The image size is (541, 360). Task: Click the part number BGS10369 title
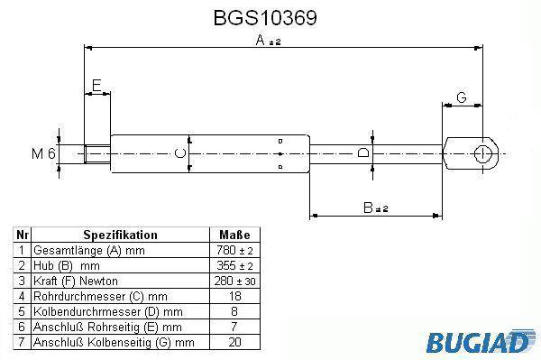pyautogui.click(x=265, y=18)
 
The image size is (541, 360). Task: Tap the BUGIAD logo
pyautogui.click(x=481, y=342)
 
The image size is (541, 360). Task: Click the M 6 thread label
pyautogui.click(x=43, y=153)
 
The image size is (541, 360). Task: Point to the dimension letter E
pyautogui.click(x=96, y=85)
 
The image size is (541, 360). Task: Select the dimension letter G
pyautogui.click(x=462, y=97)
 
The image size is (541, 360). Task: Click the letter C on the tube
pyautogui.click(x=180, y=153)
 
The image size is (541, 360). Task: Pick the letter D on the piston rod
pyautogui.click(x=363, y=152)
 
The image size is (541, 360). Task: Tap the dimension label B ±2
pyautogui.click(x=376, y=208)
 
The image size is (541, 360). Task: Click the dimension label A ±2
pyautogui.click(x=268, y=41)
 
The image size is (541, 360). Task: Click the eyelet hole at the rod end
pyautogui.click(x=482, y=153)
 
